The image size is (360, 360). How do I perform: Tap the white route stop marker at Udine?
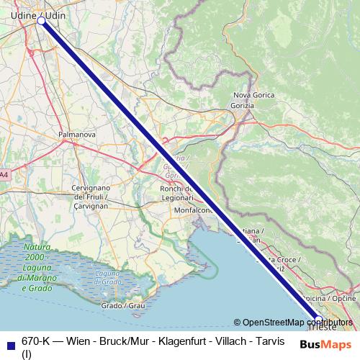42,22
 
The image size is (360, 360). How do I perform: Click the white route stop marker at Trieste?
319,318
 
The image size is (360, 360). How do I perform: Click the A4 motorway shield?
4,174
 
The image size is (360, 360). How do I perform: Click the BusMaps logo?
325,345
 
